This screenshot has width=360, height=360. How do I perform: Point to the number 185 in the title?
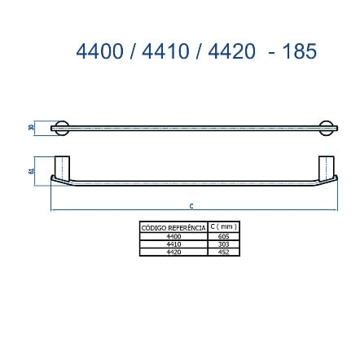tap(296, 47)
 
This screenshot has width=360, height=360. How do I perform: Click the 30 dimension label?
tap(29, 128)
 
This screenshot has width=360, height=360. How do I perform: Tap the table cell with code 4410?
tap(173, 244)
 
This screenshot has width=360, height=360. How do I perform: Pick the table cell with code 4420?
tap(173, 252)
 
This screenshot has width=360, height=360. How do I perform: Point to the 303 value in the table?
tap(223, 244)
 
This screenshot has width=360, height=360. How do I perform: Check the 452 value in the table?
tap(223, 252)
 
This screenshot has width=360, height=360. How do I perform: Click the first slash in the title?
tap(131, 47)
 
